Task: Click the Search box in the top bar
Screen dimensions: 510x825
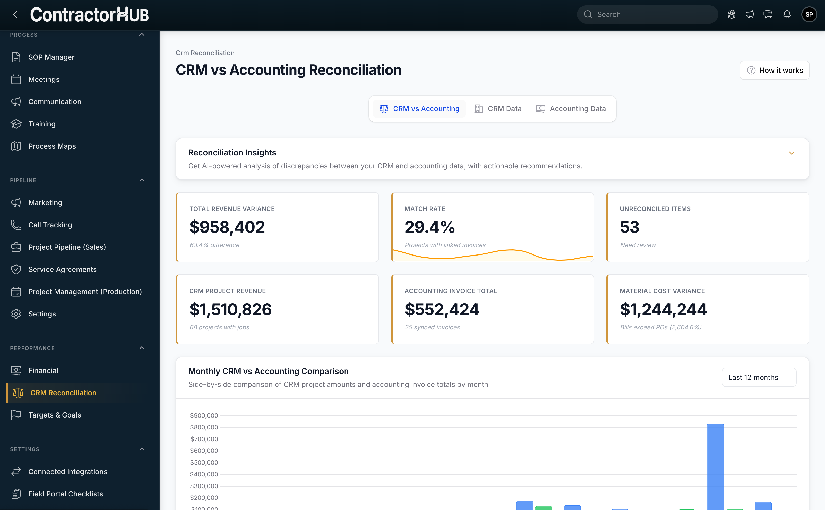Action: pyautogui.click(x=647, y=14)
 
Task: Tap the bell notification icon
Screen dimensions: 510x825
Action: pyautogui.click(x=787, y=14)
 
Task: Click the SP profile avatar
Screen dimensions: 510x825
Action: pyautogui.click(x=809, y=14)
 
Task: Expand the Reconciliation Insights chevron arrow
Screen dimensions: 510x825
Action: pyautogui.click(x=791, y=153)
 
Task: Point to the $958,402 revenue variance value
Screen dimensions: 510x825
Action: pyautogui.click(x=227, y=227)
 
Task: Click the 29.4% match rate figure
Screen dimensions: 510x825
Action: pyautogui.click(x=429, y=227)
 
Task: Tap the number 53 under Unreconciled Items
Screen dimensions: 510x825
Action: pyautogui.click(x=629, y=227)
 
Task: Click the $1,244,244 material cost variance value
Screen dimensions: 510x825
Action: pyautogui.click(x=663, y=309)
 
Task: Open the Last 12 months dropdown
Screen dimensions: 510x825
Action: pyautogui.click(x=759, y=377)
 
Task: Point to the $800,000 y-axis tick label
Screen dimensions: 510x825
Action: pyautogui.click(x=204, y=427)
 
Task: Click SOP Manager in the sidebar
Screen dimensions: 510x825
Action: pyautogui.click(x=51, y=57)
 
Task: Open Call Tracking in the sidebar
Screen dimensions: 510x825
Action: pyautogui.click(x=50, y=225)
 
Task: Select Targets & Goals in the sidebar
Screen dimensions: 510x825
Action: pyautogui.click(x=55, y=415)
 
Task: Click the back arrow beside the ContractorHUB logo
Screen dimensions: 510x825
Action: pyautogui.click(x=15, y=14)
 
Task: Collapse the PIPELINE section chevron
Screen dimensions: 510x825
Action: pyautogui.click(x=142, y=180)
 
